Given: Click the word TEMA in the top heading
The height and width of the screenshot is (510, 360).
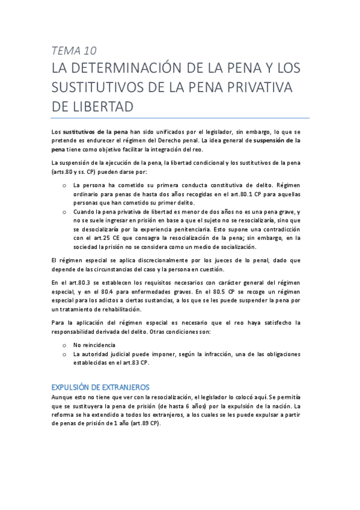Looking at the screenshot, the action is (x=64, y=51).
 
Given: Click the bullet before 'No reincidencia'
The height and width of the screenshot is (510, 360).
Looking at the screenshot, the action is (x=64, y=346).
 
